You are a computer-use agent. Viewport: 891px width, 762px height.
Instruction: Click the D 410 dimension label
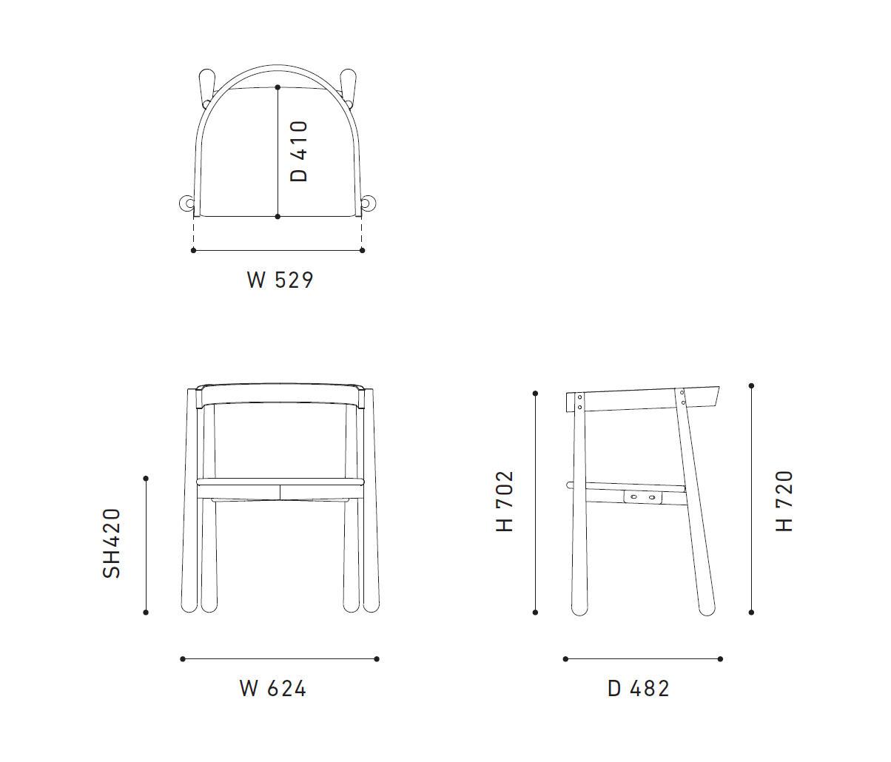click(299, 151)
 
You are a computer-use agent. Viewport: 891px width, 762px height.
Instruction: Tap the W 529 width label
click(280, 280)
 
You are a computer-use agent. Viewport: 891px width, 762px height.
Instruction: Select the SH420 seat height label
click(112, 544)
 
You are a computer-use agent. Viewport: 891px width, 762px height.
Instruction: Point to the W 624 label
click(273, 688)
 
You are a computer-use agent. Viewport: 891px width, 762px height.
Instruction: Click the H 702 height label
click(505, 502)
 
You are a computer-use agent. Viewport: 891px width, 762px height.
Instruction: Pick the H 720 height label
click(784, 502)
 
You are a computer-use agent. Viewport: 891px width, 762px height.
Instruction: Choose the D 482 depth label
click(639, 688)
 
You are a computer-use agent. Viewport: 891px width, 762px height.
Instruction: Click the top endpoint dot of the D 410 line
click(278, 87)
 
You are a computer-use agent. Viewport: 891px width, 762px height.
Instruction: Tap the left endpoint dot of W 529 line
click(193, 250)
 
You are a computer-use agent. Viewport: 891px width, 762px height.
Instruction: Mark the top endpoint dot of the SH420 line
click(146, 479)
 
